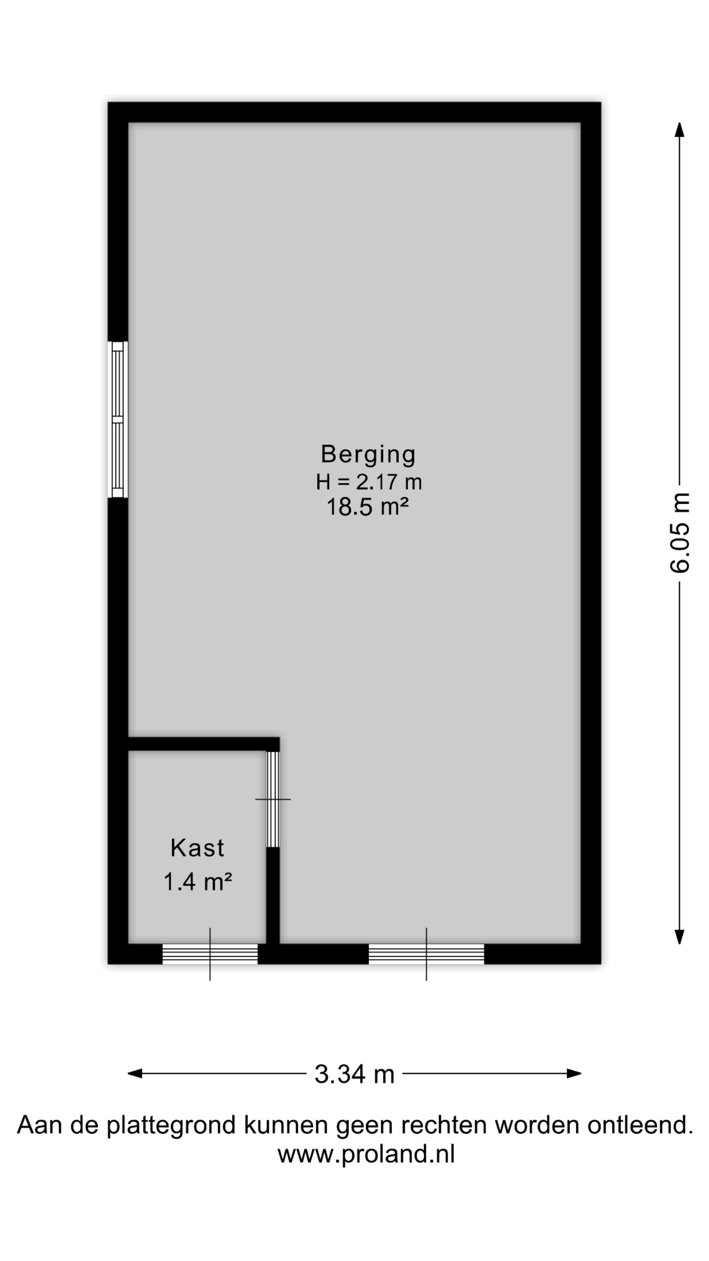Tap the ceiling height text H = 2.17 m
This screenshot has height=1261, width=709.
368,482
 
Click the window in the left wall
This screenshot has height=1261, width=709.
118,420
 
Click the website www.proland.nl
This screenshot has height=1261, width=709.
366,1154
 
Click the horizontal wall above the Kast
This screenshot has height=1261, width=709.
203,743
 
